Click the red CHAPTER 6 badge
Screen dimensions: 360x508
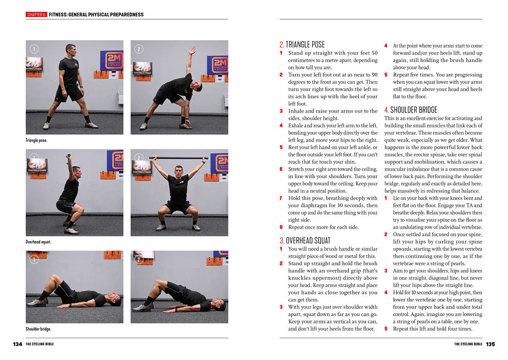(36, 14)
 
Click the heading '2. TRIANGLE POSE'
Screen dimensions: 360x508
(302, 45)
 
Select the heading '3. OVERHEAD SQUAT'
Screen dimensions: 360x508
(305, 240)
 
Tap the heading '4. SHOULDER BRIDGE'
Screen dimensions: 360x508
(410, 110)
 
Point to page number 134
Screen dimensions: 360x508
(17, 344)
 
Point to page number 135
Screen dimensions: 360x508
(490, 344)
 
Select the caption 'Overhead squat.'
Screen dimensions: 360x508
(38, 242)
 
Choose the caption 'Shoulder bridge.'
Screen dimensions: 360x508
(38, 329)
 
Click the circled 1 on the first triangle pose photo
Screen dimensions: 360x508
(34, 49)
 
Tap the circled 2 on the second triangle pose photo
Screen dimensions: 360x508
(139, 49)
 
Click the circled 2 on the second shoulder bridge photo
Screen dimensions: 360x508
(139, 259)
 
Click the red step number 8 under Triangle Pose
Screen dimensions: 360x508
(281, 227)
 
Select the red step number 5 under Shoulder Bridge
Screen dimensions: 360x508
(386, 328)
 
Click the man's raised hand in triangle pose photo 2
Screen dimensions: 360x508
(192, 50)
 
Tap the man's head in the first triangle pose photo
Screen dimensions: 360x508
(70, 50)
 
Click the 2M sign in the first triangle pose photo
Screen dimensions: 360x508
(112, 60)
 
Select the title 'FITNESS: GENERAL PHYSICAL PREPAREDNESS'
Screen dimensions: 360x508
(96, 14)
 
